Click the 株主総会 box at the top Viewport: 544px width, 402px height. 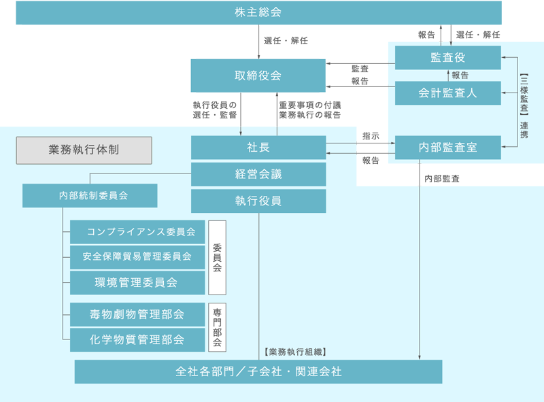(258, 12)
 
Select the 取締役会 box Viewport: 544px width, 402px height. (258, 76)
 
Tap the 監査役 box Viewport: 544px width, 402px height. (447, 57)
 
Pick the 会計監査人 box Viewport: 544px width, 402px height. (447, 93)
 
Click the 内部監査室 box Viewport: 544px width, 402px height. (447, 147)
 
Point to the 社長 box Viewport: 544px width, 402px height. (258, 147)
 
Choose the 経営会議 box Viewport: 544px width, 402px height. (258, 174)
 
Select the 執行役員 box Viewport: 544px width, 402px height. (258, 201)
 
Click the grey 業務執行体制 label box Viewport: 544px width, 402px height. (84, 150)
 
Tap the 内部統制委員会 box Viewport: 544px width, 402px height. (90, 196)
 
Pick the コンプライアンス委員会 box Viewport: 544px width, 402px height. (137, 232)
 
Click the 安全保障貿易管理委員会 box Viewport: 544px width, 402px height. (137, 256)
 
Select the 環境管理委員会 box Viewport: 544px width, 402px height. (137, 282)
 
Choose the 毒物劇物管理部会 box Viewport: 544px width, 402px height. (137, 314)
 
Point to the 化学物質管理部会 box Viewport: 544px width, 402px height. (137, 339)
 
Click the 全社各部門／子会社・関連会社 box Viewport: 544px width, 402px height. (258, 372)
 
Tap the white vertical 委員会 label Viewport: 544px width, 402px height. (217, 257)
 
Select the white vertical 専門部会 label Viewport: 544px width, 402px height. (217, 326)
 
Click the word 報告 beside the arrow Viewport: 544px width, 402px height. (460, 75)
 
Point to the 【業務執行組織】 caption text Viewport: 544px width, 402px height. (294, 352)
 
